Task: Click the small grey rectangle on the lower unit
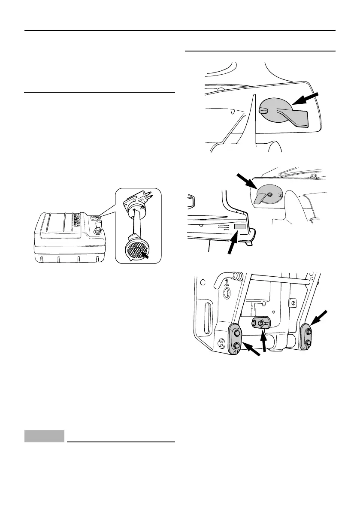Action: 239,226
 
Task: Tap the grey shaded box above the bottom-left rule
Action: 44,436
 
